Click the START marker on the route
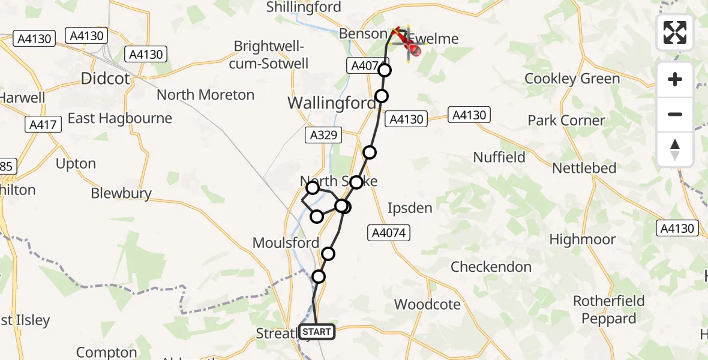click(316, 331)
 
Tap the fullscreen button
click(675, 32)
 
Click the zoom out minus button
click(675, 114)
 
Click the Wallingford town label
click(331, 103)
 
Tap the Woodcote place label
click(427, 304)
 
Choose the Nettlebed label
click(584, 168)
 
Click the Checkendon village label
click(491, 266)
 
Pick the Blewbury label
click(121, 193)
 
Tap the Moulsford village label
click(286, 243)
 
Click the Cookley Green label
click(572, 79)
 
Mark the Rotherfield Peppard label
click(608, 310)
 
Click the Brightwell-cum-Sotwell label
click(271, 55)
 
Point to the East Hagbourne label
click(120, 118)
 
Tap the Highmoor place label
click(583, 239)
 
